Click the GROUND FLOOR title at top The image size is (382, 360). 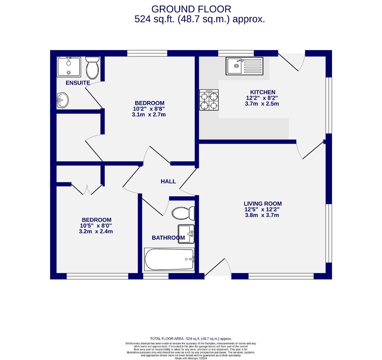191,9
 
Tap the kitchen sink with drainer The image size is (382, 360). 244,66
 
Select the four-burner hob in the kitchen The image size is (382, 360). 209,100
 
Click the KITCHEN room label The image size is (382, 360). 263,92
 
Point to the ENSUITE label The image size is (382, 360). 78,83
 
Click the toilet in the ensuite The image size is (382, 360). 92,67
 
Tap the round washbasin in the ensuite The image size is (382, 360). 62,99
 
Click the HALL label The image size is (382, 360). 168,181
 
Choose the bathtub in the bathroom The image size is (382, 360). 169,259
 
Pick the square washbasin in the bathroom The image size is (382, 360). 186,234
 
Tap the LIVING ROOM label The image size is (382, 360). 263,204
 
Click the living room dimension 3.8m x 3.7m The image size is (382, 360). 262,215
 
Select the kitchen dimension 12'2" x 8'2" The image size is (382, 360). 262,98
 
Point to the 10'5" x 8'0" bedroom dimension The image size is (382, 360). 96,226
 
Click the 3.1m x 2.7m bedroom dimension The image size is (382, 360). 149,114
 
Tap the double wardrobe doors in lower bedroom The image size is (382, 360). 87,189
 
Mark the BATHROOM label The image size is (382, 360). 168,238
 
